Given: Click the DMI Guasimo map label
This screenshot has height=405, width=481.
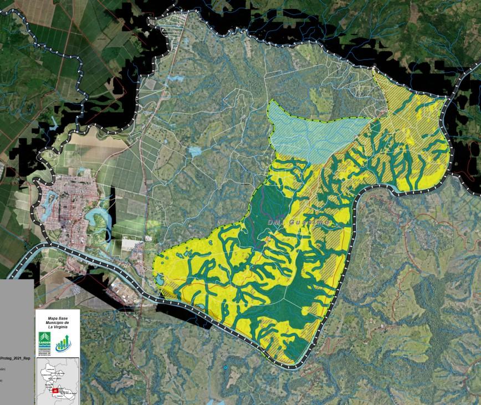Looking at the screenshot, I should pyautogui.click(x=299, y=222).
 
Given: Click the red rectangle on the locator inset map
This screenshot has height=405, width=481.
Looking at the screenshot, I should pyautogui.click(x=55, y=391).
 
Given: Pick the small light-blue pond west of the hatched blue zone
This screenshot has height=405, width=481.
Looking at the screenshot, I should pyautogui.click(x=195, y=151).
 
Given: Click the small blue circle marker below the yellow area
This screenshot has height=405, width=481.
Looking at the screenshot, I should pyautogui.click(x=226, y=368).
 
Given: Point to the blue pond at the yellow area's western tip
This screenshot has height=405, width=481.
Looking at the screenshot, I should pyautogui.click(x=159, y=279).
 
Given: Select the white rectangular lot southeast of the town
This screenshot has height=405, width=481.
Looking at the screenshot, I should pyautogui.click(x=131, y=244).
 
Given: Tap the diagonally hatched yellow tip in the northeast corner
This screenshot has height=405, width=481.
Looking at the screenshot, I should pyautogui.click(x=396, y=89).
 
